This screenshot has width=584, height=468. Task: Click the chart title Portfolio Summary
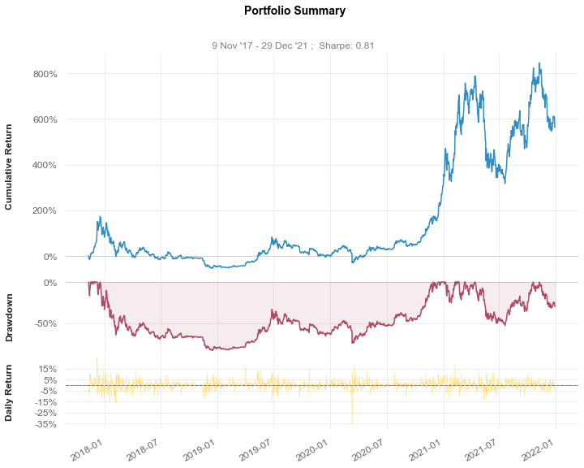coord(294,11)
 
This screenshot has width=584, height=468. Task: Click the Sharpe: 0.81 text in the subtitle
coord(346,45)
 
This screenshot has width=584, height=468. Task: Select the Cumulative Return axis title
coord(8,167)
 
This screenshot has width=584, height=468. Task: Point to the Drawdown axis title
coord(8,318)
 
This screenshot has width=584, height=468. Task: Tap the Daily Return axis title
coord(8,393)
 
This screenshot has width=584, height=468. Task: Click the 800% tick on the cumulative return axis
coord(45,74)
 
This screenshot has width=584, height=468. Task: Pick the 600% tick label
coord(45,119)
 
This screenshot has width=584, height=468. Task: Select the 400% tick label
coord(45,165)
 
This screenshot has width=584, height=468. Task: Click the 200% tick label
coord(45,211)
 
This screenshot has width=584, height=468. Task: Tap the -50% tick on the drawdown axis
coord(45,323)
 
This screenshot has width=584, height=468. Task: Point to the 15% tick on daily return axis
coord(48,369)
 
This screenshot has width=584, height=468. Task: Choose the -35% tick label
coord(46,424)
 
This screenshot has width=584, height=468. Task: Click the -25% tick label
coord(46,413)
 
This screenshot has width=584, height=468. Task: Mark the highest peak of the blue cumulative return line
coord(539,63)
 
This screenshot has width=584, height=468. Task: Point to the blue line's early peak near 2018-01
coord(100,216)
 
